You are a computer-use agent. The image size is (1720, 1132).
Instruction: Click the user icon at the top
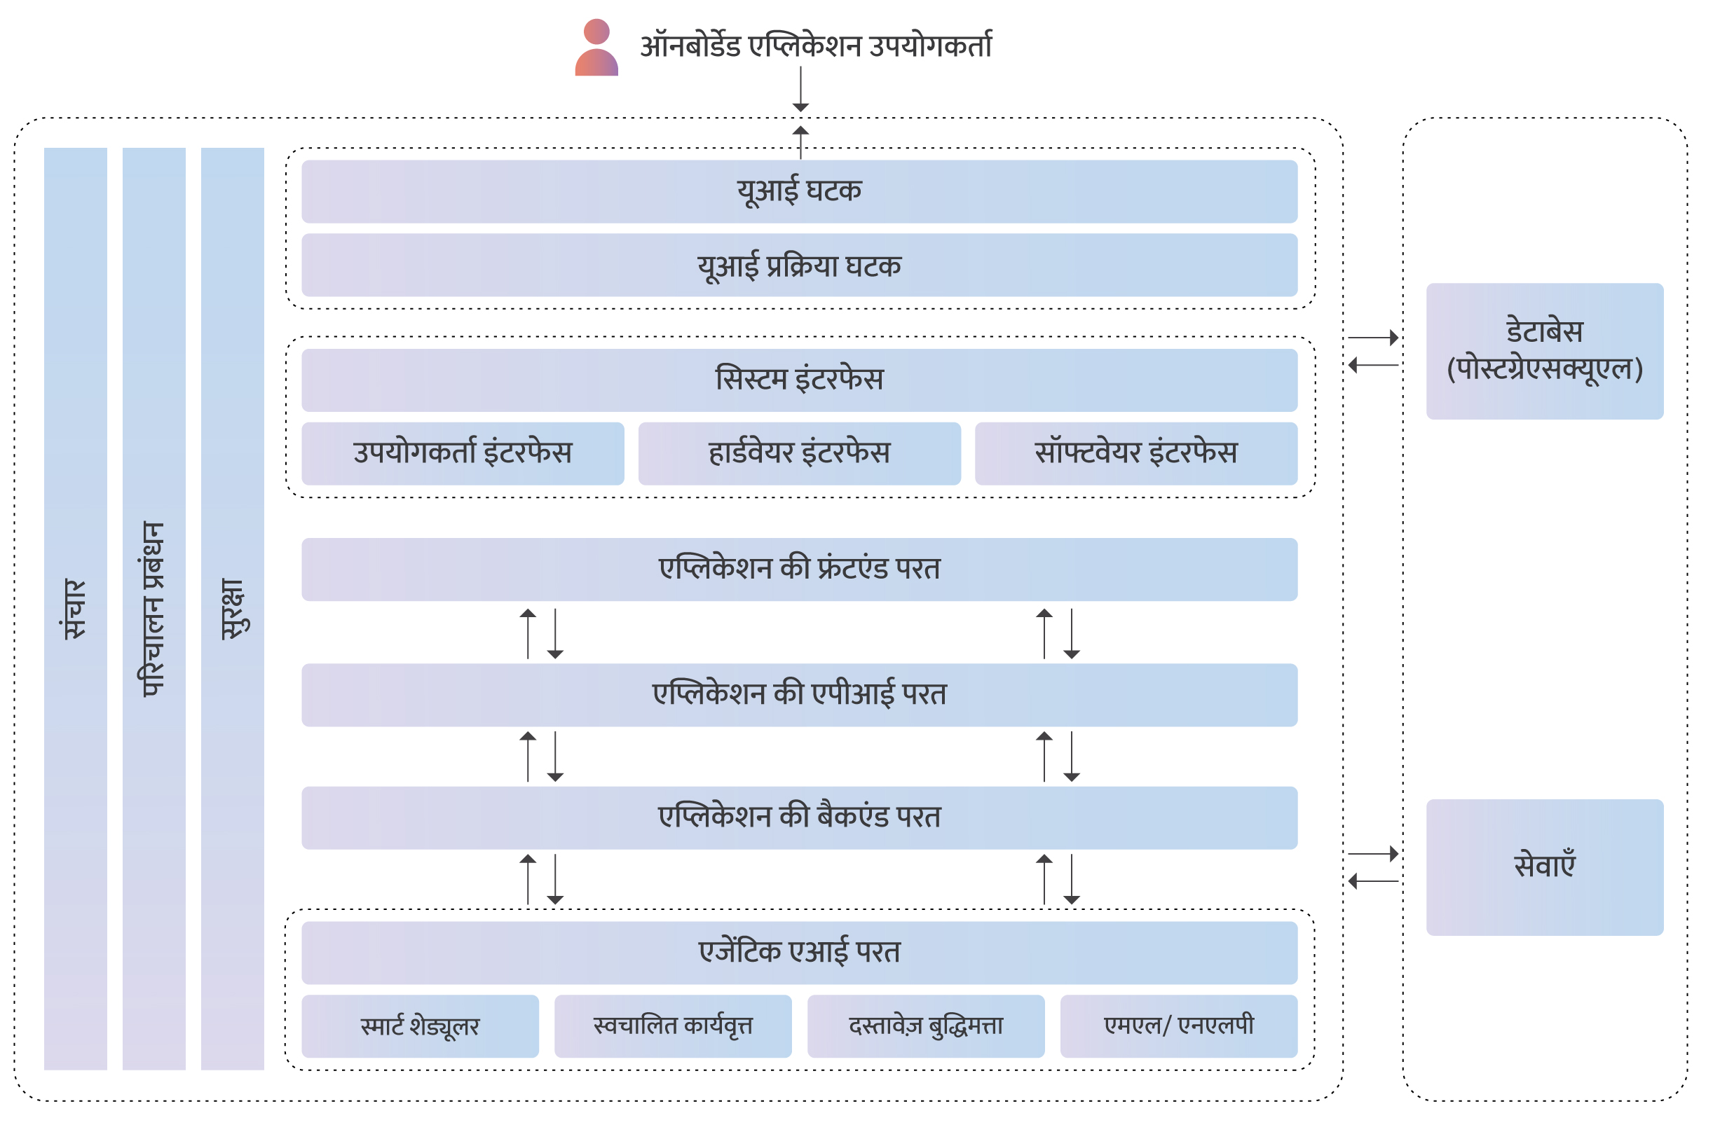[x=596, y=48]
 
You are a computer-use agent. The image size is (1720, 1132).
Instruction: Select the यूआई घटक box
[x=799, y=191]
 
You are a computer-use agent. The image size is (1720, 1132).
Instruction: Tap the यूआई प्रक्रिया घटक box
[x=799, y=265]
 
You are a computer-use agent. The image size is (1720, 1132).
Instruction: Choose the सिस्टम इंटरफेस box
[x=799, y=380]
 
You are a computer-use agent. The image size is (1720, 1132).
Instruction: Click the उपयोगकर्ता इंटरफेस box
[x=463, y=454]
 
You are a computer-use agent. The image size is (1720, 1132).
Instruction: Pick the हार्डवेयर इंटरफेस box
[x=799, y=454]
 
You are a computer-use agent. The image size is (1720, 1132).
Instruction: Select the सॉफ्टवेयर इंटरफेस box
[x=1136, y=454]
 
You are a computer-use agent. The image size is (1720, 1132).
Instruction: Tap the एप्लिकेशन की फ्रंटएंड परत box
[x=799, y=570]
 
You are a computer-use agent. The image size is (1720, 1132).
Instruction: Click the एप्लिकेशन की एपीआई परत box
[x=799, y=695]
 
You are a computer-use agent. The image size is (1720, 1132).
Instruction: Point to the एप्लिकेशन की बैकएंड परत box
[x=799, y=817]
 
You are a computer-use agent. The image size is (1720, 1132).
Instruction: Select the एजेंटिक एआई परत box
[x=799, y=953]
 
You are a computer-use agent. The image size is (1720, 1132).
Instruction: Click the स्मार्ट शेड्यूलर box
[x=420, y=1026]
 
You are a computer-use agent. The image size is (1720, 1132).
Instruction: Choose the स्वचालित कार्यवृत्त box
[x=673, y=1026]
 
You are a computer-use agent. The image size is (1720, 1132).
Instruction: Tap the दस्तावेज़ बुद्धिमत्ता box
[x=926, y=1026]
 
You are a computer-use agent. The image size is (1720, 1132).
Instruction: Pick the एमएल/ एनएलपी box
[x=1179, y=1026]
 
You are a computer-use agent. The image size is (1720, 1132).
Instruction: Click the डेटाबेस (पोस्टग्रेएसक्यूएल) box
[x=1544, y=351]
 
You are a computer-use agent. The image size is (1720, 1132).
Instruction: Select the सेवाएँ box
[x=1544, y=867]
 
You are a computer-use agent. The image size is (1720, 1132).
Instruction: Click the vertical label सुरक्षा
[x=232, y=608]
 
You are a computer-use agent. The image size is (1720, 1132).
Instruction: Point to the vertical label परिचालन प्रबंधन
[x=154, y=608]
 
